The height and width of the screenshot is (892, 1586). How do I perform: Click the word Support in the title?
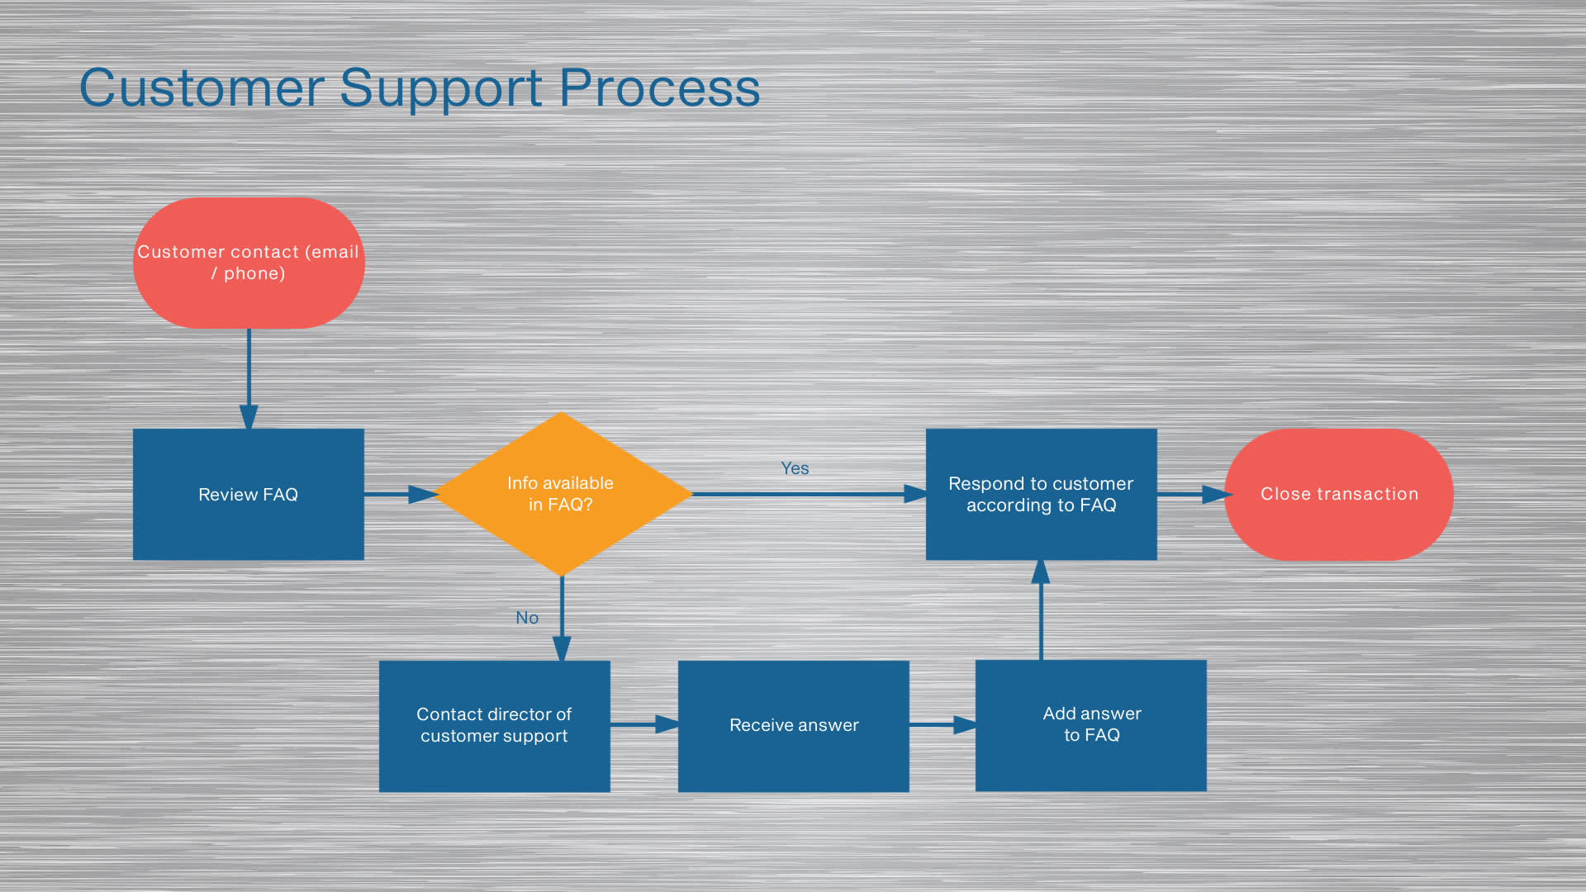coord(441,89)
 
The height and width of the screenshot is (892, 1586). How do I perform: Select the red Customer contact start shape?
coord(249,263)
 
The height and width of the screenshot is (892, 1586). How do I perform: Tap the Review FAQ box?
coord(249,494)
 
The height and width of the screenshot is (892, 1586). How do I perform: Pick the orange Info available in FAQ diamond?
coord(562,494)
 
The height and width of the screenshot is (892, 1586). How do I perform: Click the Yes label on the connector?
coord(795,468)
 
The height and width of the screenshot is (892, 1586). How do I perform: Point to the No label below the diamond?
coord(527,618)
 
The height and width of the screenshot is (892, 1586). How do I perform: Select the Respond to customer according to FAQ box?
coord(1041,494)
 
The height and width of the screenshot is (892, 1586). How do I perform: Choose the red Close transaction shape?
coord(1339,494)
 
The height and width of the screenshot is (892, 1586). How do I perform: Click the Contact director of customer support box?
coord(495,726)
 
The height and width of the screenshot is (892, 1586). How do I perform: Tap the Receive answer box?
coord(794,726)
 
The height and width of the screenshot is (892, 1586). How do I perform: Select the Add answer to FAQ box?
coord(1091,725)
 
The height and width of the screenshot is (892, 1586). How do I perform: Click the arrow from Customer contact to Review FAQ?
coord(249,379)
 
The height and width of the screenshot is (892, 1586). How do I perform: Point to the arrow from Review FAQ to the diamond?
coord(401,494)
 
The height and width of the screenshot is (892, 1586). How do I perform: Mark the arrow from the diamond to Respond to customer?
coord(810,494)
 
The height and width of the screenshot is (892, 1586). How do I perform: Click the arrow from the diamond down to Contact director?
coord(562,619)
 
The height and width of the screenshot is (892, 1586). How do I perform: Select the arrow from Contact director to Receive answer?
coord(645,724)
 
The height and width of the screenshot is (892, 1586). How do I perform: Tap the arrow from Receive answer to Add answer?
coord(943,724)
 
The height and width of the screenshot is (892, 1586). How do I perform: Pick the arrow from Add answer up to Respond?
coord(1041,610)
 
